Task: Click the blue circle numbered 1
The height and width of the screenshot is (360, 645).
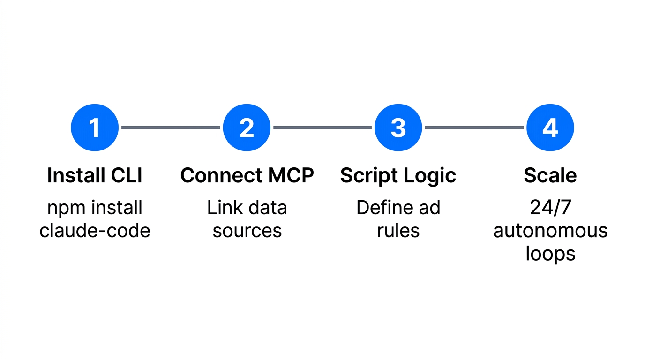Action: [95, 127]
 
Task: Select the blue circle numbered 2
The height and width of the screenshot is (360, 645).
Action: [247, 127]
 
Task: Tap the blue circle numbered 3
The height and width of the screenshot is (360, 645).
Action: [398, 127]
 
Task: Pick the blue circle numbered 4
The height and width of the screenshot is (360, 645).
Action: [550, 127]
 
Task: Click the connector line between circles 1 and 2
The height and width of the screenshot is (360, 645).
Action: [171, 127]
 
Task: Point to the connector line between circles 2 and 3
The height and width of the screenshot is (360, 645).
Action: [322, 127]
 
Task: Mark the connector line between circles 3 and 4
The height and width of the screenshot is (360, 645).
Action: [474, 127]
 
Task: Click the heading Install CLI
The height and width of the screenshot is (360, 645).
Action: [95, 175]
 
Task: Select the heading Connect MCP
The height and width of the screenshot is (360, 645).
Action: [247, 175]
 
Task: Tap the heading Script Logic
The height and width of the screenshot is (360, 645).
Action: [398, 175]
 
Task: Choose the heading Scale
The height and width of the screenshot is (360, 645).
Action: [550, 175]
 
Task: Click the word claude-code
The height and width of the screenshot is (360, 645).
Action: [95, 231]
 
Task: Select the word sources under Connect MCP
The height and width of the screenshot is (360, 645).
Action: [247, 231]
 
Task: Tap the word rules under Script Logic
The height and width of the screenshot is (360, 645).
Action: [398, 231]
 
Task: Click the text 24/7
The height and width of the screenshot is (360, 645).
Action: [550, 208]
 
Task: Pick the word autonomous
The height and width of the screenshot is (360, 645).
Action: [550, 231]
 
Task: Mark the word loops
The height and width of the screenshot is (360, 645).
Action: [550, 254]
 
